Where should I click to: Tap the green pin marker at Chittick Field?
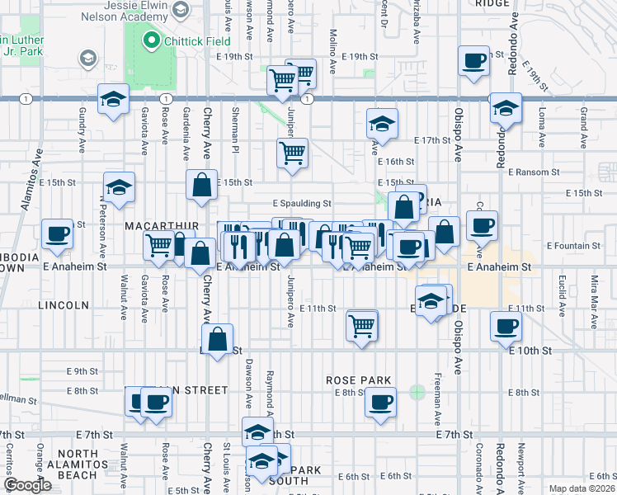point(151,40)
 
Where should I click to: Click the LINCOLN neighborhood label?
point(62,305)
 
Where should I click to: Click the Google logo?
point(28,485)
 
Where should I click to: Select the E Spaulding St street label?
point(301,203)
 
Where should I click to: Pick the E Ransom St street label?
point(534,172)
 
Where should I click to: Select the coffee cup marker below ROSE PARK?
point(379,403)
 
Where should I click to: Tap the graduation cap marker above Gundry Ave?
point(113,100)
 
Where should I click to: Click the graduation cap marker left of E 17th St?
point(382,124)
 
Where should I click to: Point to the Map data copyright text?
point(582,488)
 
